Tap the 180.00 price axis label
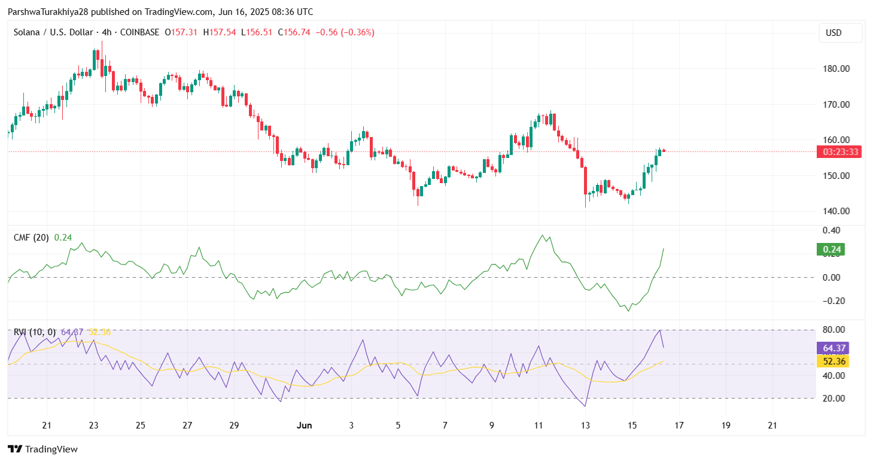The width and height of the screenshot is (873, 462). click(837, 68)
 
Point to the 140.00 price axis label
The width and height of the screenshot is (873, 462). click(837, 211)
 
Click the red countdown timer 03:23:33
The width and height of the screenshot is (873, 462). click(841, 152)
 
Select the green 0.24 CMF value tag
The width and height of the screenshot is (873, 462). click(831, 250)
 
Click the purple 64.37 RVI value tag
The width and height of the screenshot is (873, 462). click(832, 348)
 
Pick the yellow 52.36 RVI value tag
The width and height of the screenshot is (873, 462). click(832, 361)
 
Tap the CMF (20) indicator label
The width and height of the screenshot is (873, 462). click(32, 238)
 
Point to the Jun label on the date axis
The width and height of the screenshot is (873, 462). click(305, 425)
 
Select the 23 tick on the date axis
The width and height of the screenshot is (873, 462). click(94, 425)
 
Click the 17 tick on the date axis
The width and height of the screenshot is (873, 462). click(679, 425)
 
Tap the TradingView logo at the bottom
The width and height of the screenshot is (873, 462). click(42, 449)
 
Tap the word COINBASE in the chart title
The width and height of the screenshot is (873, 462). click(139, 32)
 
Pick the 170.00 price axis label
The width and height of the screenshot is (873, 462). click(837, 104)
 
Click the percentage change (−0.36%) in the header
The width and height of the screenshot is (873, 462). click(357, 32)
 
